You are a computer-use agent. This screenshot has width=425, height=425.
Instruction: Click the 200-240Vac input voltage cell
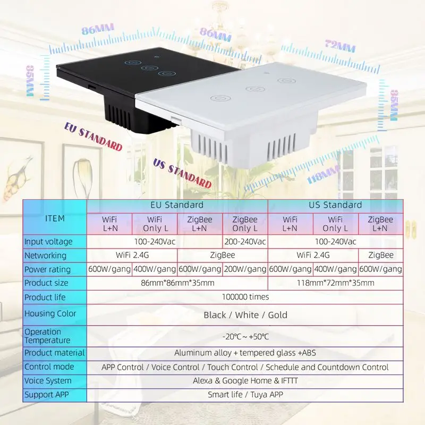245,242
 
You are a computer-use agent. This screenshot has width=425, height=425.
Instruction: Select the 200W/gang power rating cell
245,269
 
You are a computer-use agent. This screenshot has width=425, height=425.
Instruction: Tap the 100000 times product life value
245,297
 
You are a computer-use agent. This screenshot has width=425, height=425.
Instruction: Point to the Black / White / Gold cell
245,315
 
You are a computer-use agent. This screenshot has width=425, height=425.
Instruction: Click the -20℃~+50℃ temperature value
245,336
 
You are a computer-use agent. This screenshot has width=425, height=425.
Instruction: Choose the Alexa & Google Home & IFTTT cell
245,381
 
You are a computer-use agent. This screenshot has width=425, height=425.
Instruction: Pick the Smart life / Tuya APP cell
245,395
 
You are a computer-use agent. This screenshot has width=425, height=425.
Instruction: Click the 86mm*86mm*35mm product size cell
177,283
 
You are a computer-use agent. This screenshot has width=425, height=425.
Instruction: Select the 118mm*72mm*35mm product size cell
336,283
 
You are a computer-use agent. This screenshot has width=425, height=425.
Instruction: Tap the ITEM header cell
55,218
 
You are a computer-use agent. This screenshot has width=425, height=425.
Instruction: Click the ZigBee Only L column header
245,224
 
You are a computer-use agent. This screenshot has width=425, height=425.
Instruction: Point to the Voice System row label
48,381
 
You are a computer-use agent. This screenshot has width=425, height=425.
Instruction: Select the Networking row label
46,256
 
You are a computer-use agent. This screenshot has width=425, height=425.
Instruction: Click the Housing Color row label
50,313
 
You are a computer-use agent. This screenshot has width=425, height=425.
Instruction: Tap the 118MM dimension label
324,175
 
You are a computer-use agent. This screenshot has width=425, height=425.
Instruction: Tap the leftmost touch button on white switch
220,98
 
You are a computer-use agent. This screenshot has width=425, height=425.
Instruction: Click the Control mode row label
49,367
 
